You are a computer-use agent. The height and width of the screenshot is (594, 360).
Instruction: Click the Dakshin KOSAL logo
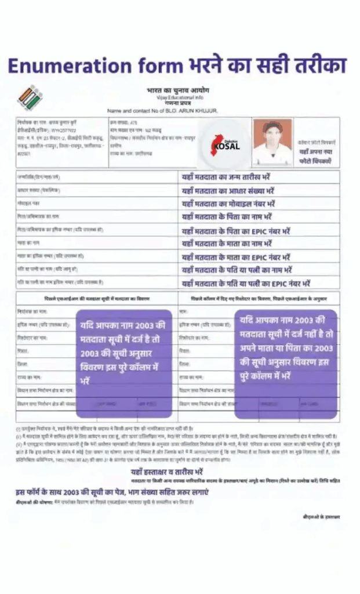227,144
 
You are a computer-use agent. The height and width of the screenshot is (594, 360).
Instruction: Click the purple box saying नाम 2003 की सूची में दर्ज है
124,354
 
